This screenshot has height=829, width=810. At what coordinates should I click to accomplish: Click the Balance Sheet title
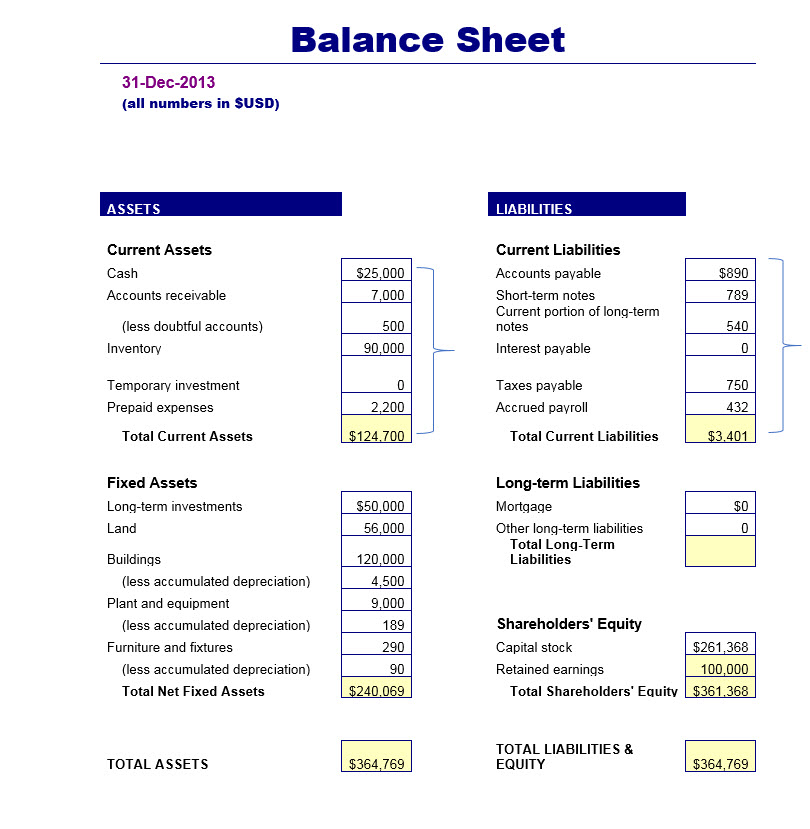pyautogui.click(x=428, y=40)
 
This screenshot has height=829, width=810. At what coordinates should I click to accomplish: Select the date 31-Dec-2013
pyautogui.click(x=168, y=83)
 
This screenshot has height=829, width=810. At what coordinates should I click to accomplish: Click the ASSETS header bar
pyautogui.click(x=221, y=205)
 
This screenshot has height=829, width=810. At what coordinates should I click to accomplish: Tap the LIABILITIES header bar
pyautogui.click(x=587, y=205)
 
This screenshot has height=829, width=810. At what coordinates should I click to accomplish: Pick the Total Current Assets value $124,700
pyautogui.click(x=377, y=436)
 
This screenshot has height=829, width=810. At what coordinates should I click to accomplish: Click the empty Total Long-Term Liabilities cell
pyautogui.click(x=720, y=552)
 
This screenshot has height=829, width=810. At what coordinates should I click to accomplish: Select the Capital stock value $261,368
pyautogui.click(x=720, y=647)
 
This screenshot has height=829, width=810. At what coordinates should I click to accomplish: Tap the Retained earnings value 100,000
pyautogui.click(x=721, y=669)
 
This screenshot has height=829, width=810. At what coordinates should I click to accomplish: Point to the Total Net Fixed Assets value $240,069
pyautogui.click(x=377, y=691)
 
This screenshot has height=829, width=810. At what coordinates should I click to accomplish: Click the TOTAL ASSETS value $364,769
pyautogui.click(x=377, y=764)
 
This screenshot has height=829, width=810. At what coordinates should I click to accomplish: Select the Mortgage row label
pyautogui.click(x=524, y=506)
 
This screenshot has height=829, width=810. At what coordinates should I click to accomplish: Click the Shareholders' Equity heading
pyautogui.click(x=569, y=624)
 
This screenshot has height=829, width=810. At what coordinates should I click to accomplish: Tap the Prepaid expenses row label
pyautogui.click(x=160, y=407)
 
